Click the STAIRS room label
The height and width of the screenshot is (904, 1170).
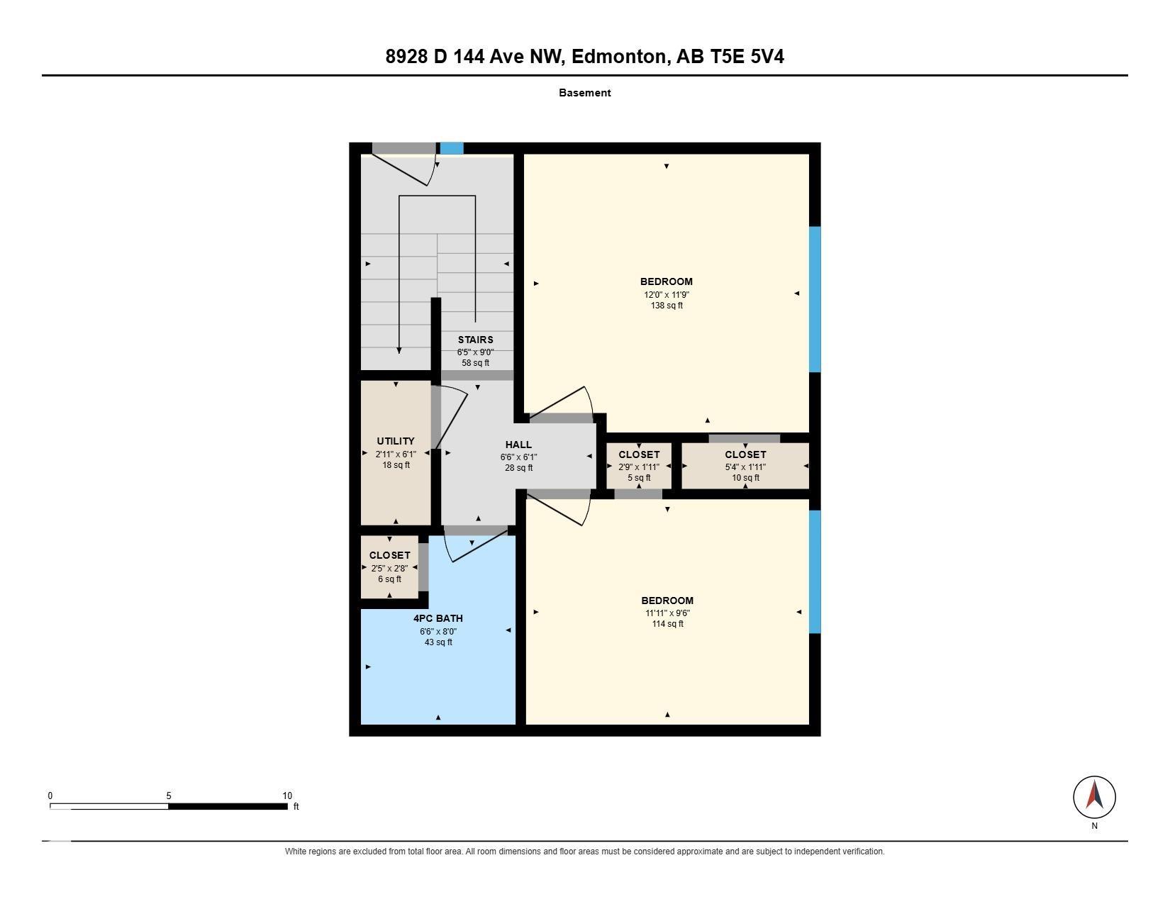click(475, 340)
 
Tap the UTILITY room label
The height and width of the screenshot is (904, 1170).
click(396, 441)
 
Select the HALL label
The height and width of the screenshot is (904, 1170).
click(518, 445)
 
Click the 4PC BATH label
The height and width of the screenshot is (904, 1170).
click(438, 619)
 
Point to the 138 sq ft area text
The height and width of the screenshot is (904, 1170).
click(667, 306)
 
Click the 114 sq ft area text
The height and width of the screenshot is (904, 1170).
click(668, 624)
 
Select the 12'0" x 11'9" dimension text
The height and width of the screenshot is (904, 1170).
click(667, 294)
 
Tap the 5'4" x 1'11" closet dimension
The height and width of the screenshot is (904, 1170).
click(745, 467)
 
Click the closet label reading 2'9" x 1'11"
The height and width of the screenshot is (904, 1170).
click(639, 454)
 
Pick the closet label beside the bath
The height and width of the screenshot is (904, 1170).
click(390, 555)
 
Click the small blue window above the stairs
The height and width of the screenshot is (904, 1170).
click(452, 149)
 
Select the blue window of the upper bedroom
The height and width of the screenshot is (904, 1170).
click(815, 299)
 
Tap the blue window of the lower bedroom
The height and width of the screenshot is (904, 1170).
click(815, 571)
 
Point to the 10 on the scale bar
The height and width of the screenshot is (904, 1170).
click(287, 796)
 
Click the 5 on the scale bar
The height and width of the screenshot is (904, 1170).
click(169, 796)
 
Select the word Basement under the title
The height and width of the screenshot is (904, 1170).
click(585, 93)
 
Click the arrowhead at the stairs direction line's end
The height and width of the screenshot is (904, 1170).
click(399, 350)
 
